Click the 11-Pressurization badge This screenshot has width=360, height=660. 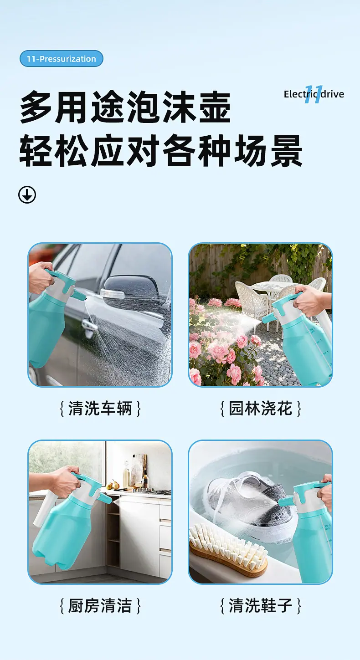pyautogui.click(x=62, y=59)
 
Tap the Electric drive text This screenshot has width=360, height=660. pyautogui.click(x=314, y=94)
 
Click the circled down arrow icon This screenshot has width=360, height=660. pyautogui.click(x=27, y=195)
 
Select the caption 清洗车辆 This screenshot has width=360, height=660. pyautogui.click(x=100, y=409)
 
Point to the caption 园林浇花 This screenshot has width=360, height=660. pyautogui.click(x=261, y=409)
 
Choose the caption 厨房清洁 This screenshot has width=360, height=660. pyautogui.click(x=100, y=606)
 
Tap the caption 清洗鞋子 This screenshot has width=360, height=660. pyautogui.click(x=261, y=606)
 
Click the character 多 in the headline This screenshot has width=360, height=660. pyautogui.click(x=36, y=107)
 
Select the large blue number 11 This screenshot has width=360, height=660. pyautogui.click(x=314, y=94)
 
